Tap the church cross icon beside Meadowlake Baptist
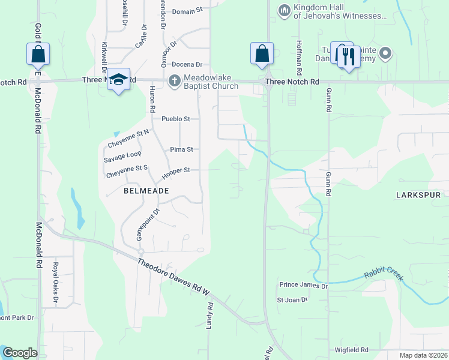pos(174,80)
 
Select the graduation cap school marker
pos(119,79)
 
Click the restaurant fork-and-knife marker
pos(348,56)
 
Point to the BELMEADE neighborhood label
pos(146,190)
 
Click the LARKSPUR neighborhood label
pos(418,195)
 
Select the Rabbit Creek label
pos(384,275)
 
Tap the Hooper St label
pos(176,170)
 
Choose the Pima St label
pos(181,149)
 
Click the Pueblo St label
pos(175,119)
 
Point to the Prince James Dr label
pos(303,286)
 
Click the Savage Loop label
pos(122,154)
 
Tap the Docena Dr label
pos(187,64)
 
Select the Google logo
pos(20,353)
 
